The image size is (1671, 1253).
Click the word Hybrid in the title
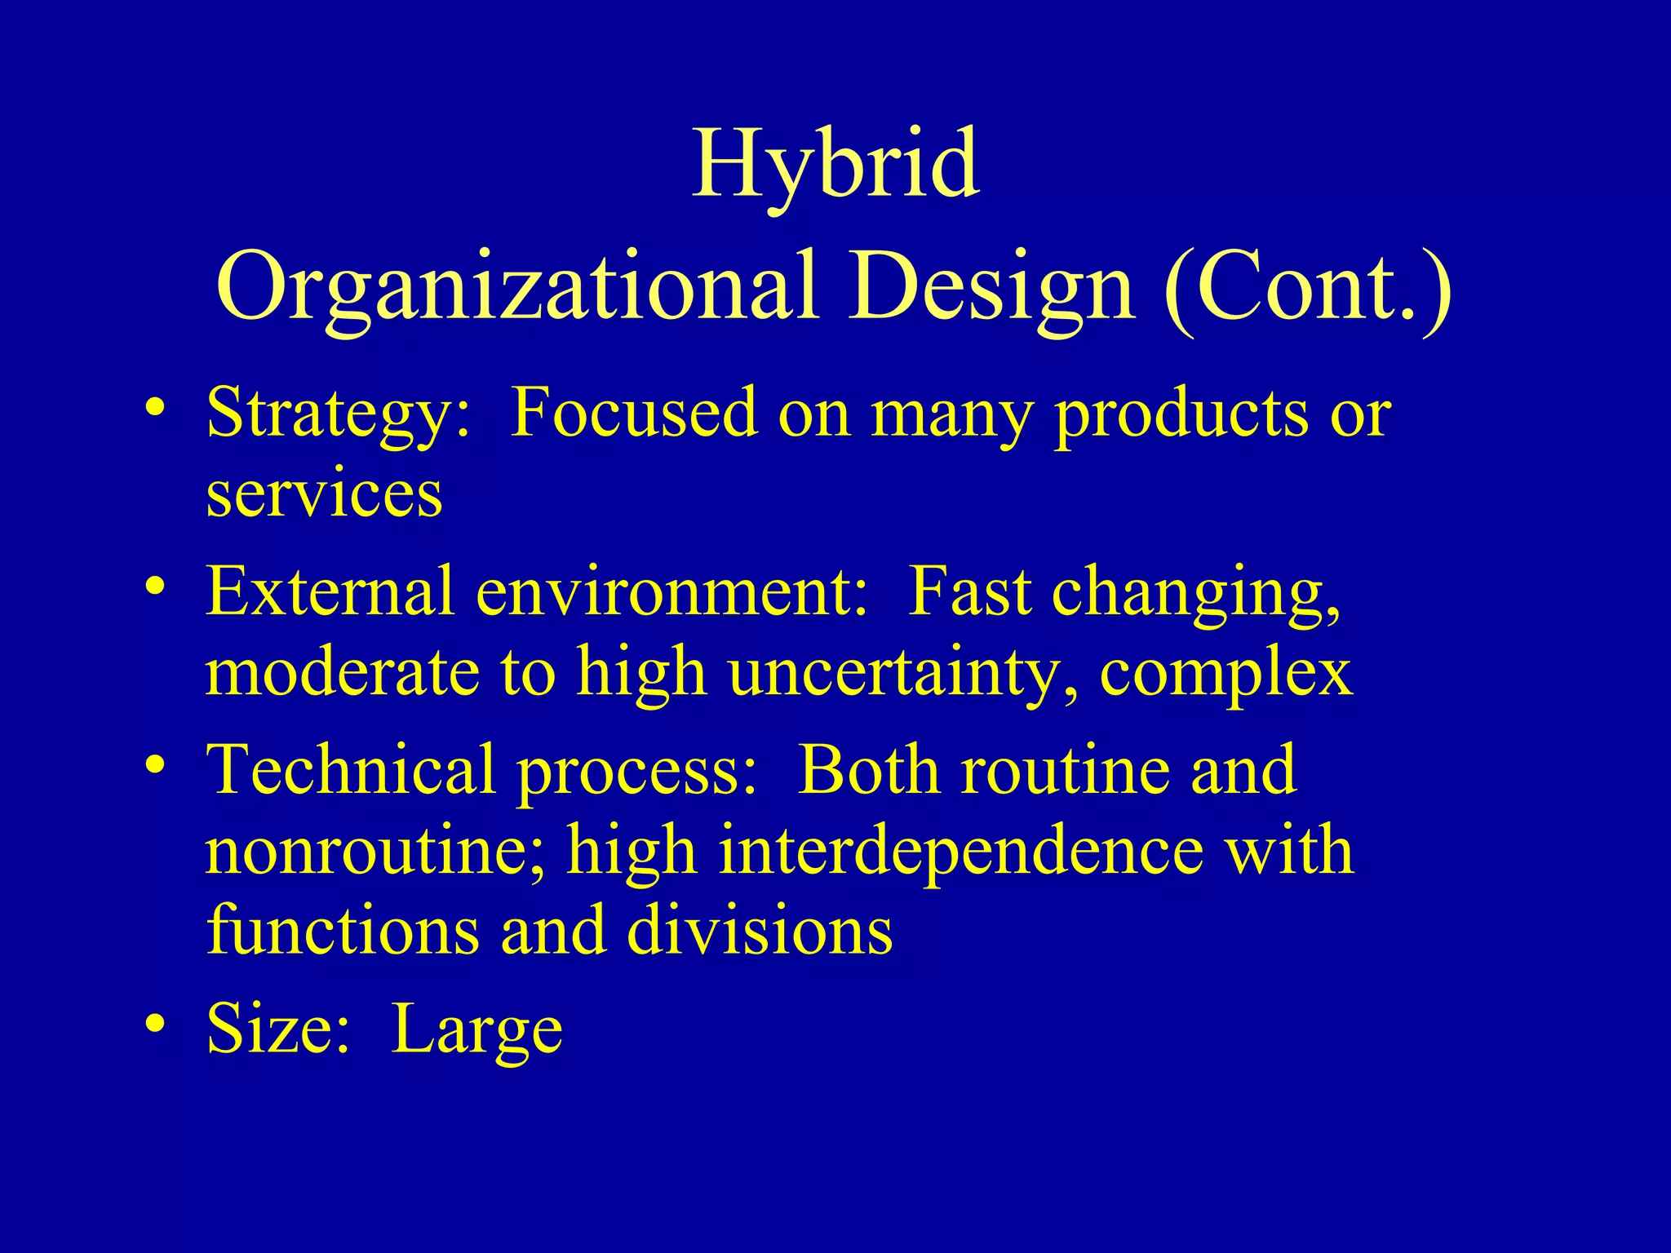click(835, 166)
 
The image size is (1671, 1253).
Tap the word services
click(324, 496)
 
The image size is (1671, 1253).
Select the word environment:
click(672, 592)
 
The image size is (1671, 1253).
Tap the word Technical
click(351, 770)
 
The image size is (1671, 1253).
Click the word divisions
click(760, 932)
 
